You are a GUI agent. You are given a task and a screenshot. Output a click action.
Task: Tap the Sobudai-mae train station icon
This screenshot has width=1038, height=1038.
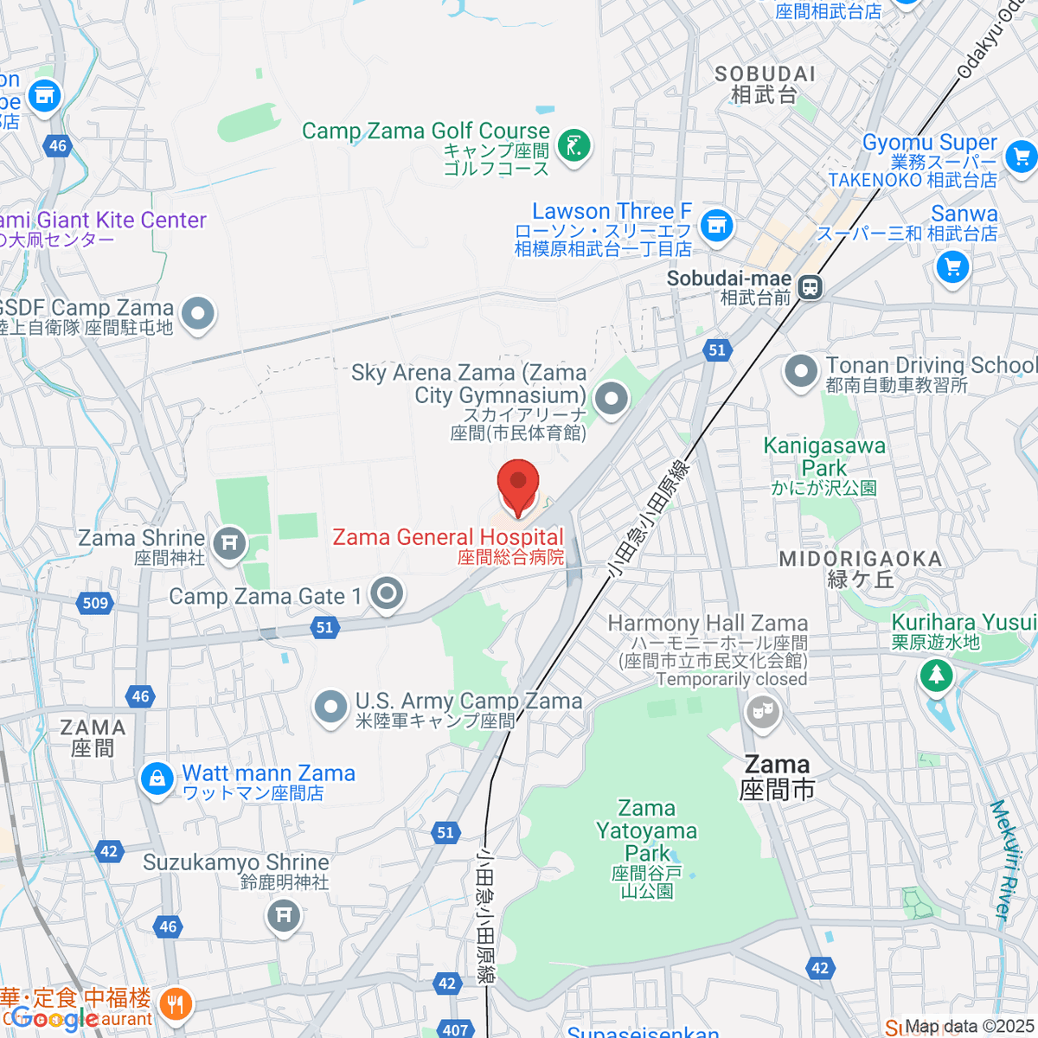pyautogui.click(x=811, y=286)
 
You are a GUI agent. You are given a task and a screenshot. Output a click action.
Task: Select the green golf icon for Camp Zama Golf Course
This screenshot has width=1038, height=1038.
pyautogui.click(x=573, y=144)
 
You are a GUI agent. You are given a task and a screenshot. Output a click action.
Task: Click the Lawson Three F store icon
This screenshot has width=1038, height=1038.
pyautogui.click(x=716, y=227)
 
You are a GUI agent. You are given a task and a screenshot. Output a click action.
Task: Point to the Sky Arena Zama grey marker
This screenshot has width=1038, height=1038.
pyautogui.click(x=612, y=400)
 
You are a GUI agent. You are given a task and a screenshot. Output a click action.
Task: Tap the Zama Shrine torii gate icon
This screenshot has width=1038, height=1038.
pyautogui.click(x=229, y=543)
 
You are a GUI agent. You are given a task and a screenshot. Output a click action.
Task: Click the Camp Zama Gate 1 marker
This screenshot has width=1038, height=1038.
pyautogui.click(x=387, y=594)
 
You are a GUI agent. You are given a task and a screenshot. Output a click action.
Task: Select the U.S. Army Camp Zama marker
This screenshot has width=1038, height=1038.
pyautogui.click(x=330, y=707)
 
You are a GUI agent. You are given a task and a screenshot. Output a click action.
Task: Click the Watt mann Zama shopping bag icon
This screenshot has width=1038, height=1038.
pyautogui.click(x=157, y=778)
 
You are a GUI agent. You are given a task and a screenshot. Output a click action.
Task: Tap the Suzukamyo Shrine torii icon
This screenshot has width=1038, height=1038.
pyautogui.click(x=284, y=915)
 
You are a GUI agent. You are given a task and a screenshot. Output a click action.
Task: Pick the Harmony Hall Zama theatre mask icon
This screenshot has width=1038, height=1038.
pyautogui.click(x=762, y=713)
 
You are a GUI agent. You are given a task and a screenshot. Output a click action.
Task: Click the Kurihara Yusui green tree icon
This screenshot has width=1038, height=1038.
pyautogui.click(x=935, y=673)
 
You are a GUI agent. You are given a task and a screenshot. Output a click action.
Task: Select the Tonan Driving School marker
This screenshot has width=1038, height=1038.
pyautogui.click(x=801, y=372)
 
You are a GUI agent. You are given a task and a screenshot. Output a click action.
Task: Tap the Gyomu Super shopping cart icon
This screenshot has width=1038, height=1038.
pyautogui.click(x=1022, y=157)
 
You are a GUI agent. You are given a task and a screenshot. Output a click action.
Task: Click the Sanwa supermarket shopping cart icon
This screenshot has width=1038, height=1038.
pyautogui.click(x=952, y=266)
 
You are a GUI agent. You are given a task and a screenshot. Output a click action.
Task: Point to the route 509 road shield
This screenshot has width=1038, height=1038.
pyautogui.click(x=95, y=603)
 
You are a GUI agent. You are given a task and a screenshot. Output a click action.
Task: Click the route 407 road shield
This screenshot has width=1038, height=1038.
pyautogui.click(x=455, y=1029)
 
